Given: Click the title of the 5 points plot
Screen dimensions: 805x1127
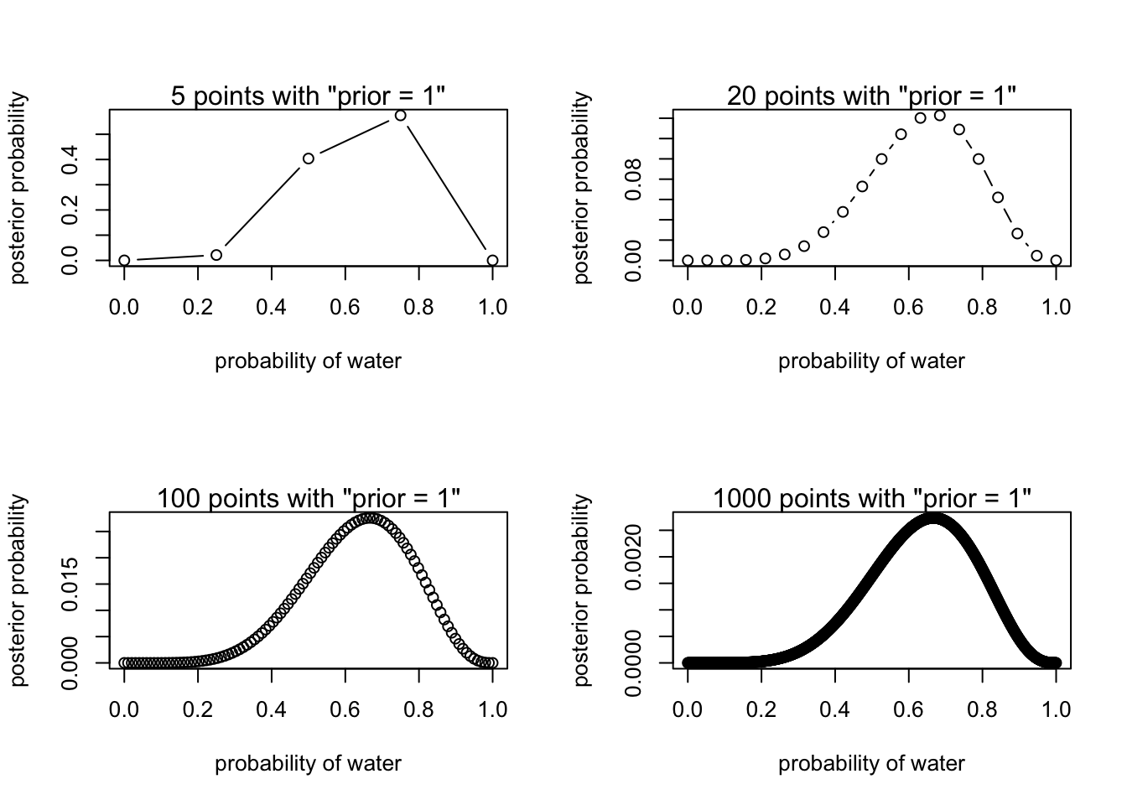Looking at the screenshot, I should [308, 96].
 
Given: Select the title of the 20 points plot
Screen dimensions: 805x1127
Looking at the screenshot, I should [871, 96].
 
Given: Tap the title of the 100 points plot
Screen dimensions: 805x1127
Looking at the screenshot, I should [308, 498].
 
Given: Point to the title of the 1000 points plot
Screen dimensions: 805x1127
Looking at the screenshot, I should [871, 498].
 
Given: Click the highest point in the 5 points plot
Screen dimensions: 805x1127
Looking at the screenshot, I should [400, 115].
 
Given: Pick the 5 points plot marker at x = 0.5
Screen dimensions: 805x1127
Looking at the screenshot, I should [309, 158].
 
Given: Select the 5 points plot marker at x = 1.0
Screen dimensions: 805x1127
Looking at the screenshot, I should [492, 261].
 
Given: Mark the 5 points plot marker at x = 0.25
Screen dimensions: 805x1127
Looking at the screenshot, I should [216, 255].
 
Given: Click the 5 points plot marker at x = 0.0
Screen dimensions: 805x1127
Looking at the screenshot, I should [124, 261].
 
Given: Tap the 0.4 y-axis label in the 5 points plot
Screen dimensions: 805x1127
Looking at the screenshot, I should [70, 159].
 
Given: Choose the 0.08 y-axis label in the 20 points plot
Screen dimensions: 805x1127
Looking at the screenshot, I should [634, 179].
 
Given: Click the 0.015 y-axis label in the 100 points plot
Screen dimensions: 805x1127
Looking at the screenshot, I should [70, 584].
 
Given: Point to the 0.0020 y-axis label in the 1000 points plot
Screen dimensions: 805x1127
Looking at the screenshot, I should [634, 557].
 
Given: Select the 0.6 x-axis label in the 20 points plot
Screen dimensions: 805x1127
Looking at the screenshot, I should [908, 307].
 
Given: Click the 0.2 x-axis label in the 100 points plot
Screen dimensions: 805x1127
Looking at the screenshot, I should [198, 709].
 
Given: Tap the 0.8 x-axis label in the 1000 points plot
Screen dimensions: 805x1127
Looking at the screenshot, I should [982, 709].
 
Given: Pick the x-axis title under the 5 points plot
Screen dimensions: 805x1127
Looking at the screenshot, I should [308, 361].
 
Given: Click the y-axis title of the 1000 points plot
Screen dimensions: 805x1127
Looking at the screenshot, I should [582, 589].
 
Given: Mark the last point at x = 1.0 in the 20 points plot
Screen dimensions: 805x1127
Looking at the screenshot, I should [1056, 261].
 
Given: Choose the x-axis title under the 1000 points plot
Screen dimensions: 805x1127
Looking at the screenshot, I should [871, 764].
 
